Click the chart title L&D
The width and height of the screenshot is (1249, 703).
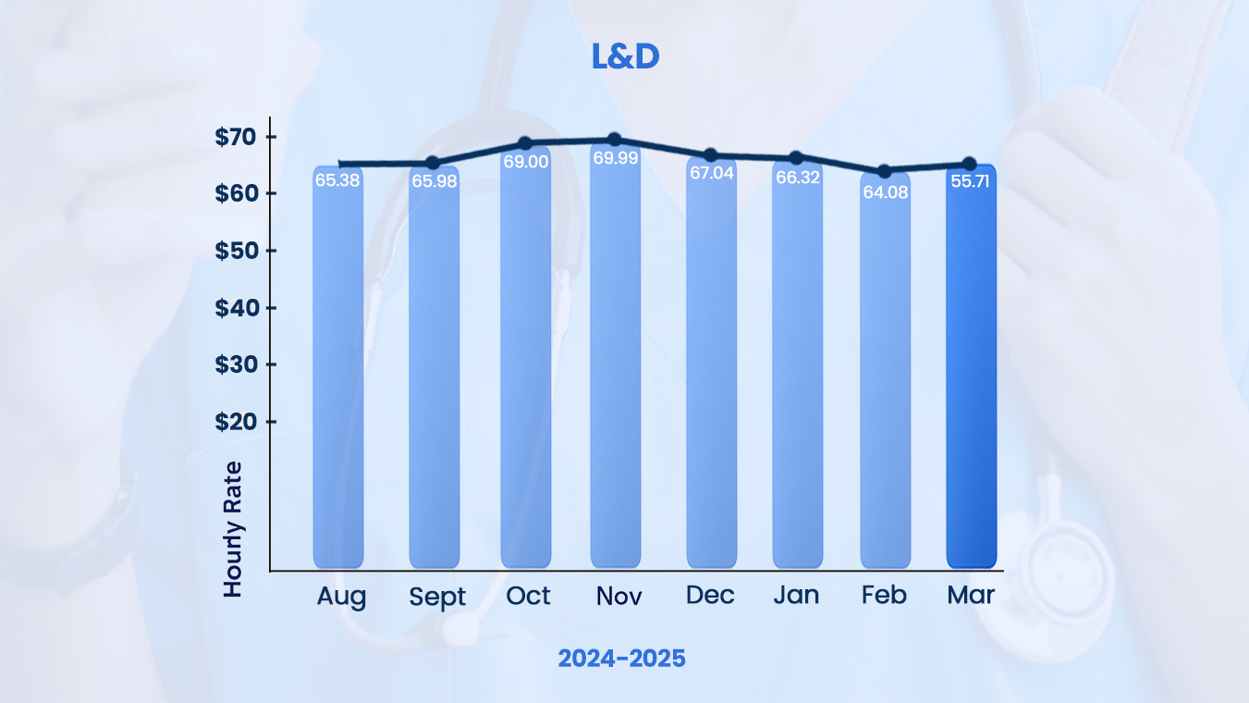pyautogui.click(x=625, y=56)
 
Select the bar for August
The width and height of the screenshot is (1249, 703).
pyautogui.click(x=337, y=370)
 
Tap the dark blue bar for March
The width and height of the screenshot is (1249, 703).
pyautogui.click(x=971, y=370)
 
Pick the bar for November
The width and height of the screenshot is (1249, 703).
pyautogui.click(x=615, y=370)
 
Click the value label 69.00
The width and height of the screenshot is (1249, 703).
pyautogui.click(x=525, y=161)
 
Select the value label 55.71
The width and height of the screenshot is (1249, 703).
pyautogui.click(x=971, y=181)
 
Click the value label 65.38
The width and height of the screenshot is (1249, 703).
pyautogui.click(x=337, y=180)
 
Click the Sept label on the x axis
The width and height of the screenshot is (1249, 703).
pyautogui.click(x=437, y=597)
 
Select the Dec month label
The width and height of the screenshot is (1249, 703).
pyautogui.click(x=710, y=595)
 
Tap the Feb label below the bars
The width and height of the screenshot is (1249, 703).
pyautogui.click(x=884, y=595)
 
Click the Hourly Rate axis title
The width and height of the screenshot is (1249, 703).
pyautogui.click(x=233, y=528)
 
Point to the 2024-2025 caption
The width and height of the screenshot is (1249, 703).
pyautogui.click(x=622, y=659)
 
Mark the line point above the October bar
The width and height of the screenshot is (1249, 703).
pyautogui.click(x=525, y=143)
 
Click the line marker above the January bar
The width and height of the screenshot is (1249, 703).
pyautogui.click(x=797, y=158)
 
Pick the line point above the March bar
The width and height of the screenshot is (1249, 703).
pyautogui.click(x=970, y=164)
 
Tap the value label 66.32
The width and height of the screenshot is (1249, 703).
pyautogui.click(x=798, y=177)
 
